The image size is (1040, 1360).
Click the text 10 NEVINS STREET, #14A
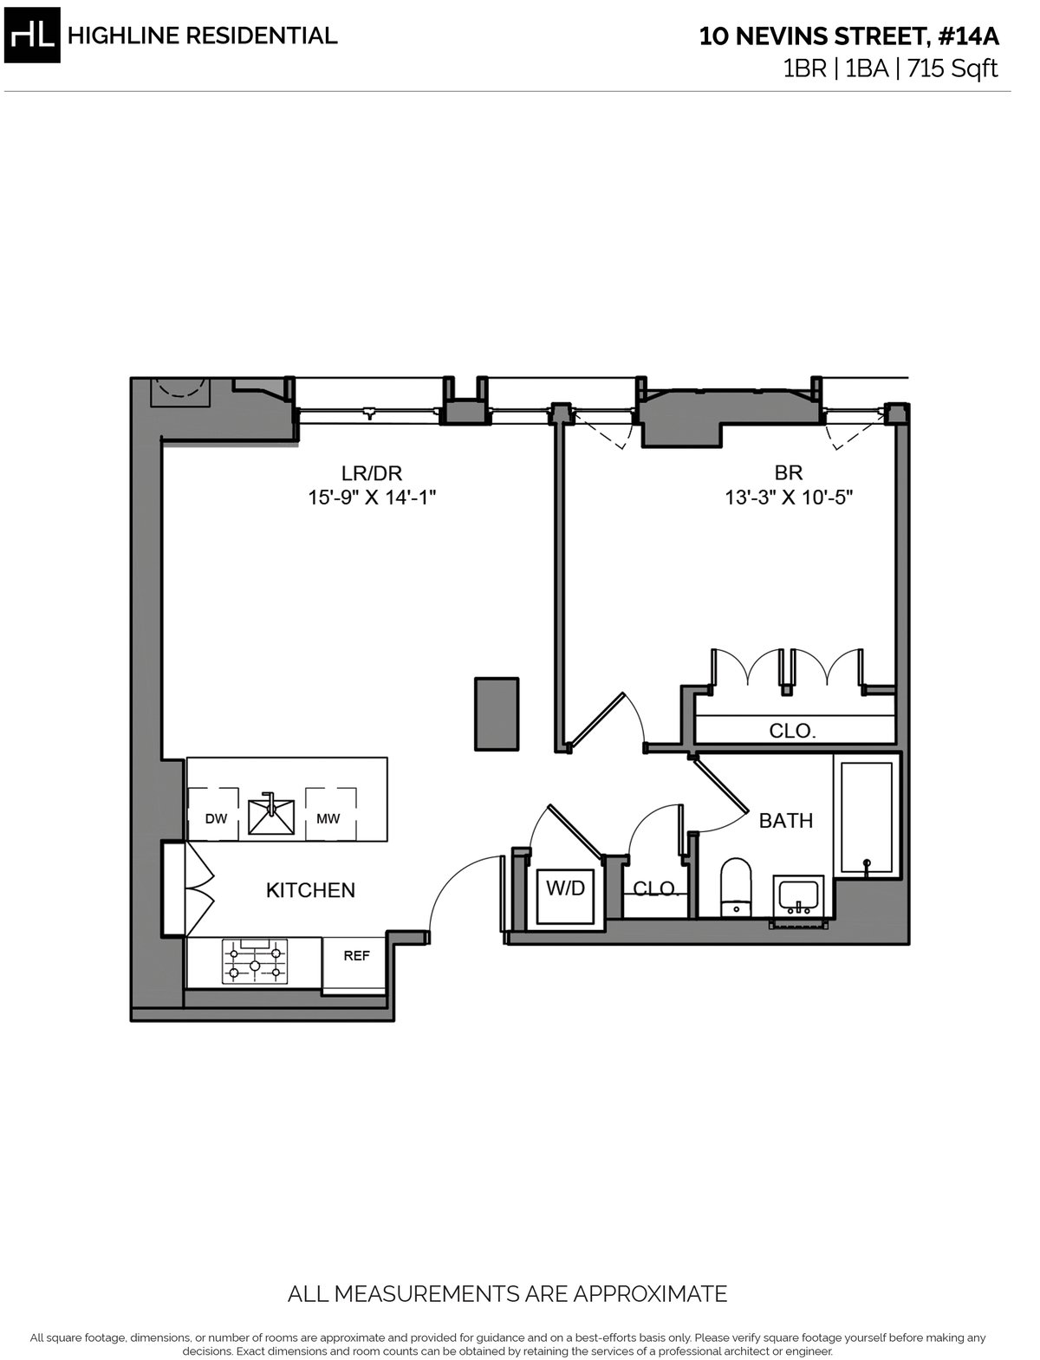point(848,36)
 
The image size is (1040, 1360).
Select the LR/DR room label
point(371,472)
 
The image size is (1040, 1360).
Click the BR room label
point(788,472)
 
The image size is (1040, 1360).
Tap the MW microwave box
point(329,816)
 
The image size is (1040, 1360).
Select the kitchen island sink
point(270,816)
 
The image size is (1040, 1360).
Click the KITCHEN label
point(310,890)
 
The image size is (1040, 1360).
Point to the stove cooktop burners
point(255,962)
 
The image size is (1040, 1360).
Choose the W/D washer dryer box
point(565,893)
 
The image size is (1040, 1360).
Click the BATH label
point(785,820)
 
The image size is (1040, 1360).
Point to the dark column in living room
point(497,713)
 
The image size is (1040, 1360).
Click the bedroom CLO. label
point(792,731)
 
